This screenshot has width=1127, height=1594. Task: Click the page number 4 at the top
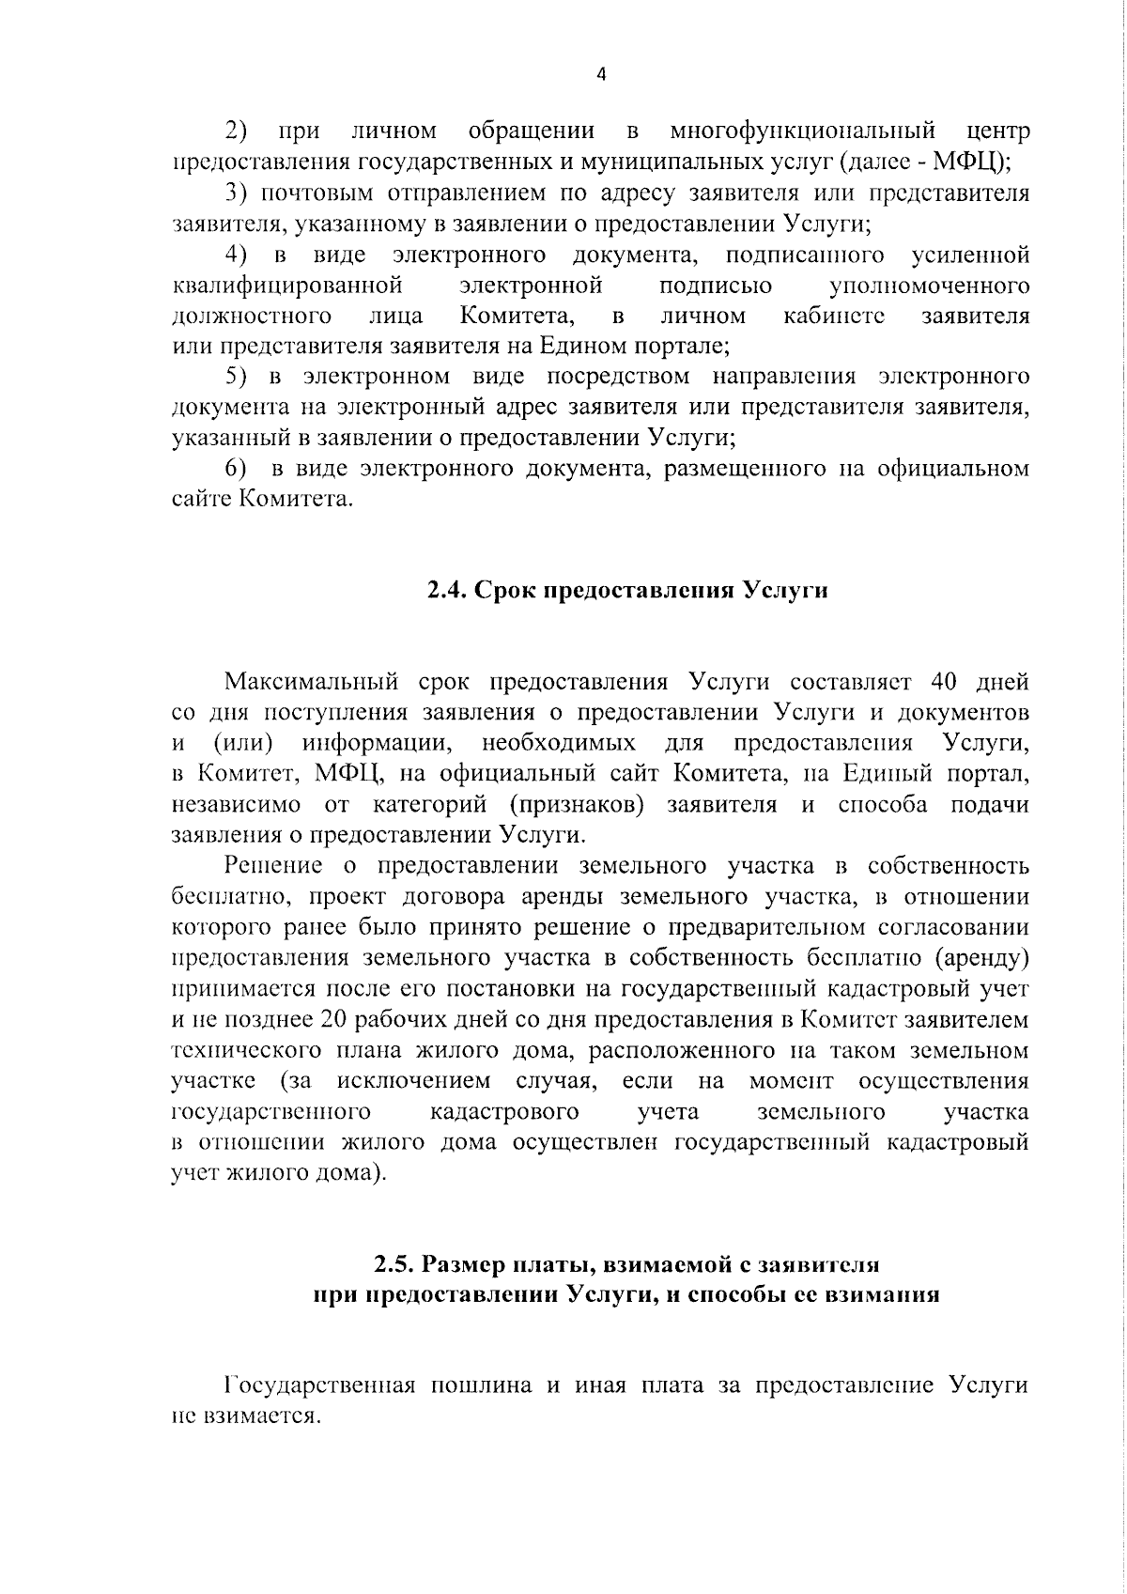click(601, 76)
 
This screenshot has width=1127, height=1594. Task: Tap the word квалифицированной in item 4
click(289, 284)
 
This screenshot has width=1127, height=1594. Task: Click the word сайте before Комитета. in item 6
click(200, 498)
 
